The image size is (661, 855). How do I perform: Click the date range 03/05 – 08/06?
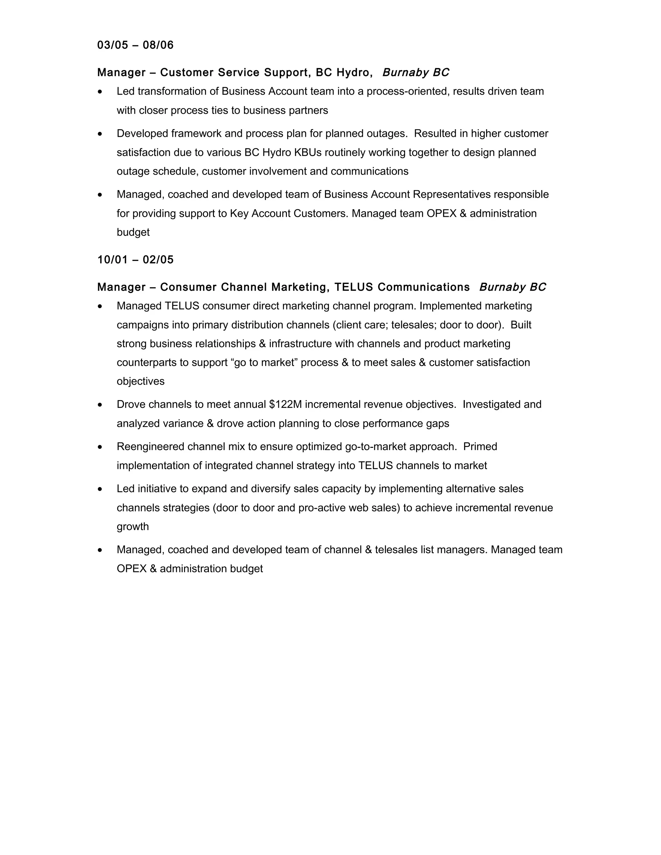point(135,45)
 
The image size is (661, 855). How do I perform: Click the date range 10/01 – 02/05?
point(135,259)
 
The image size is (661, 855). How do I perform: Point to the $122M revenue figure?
point(285,404)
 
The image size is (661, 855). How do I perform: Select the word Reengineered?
point(150,446)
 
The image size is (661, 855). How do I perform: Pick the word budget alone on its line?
point(133,232)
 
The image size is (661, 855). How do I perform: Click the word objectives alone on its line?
point(141,381)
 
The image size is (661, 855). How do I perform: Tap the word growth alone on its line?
point(133,526)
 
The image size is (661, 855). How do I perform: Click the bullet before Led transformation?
point(100,92)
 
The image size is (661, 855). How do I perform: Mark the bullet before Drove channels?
point(100,404)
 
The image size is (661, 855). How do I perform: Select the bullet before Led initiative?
point(100,489)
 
